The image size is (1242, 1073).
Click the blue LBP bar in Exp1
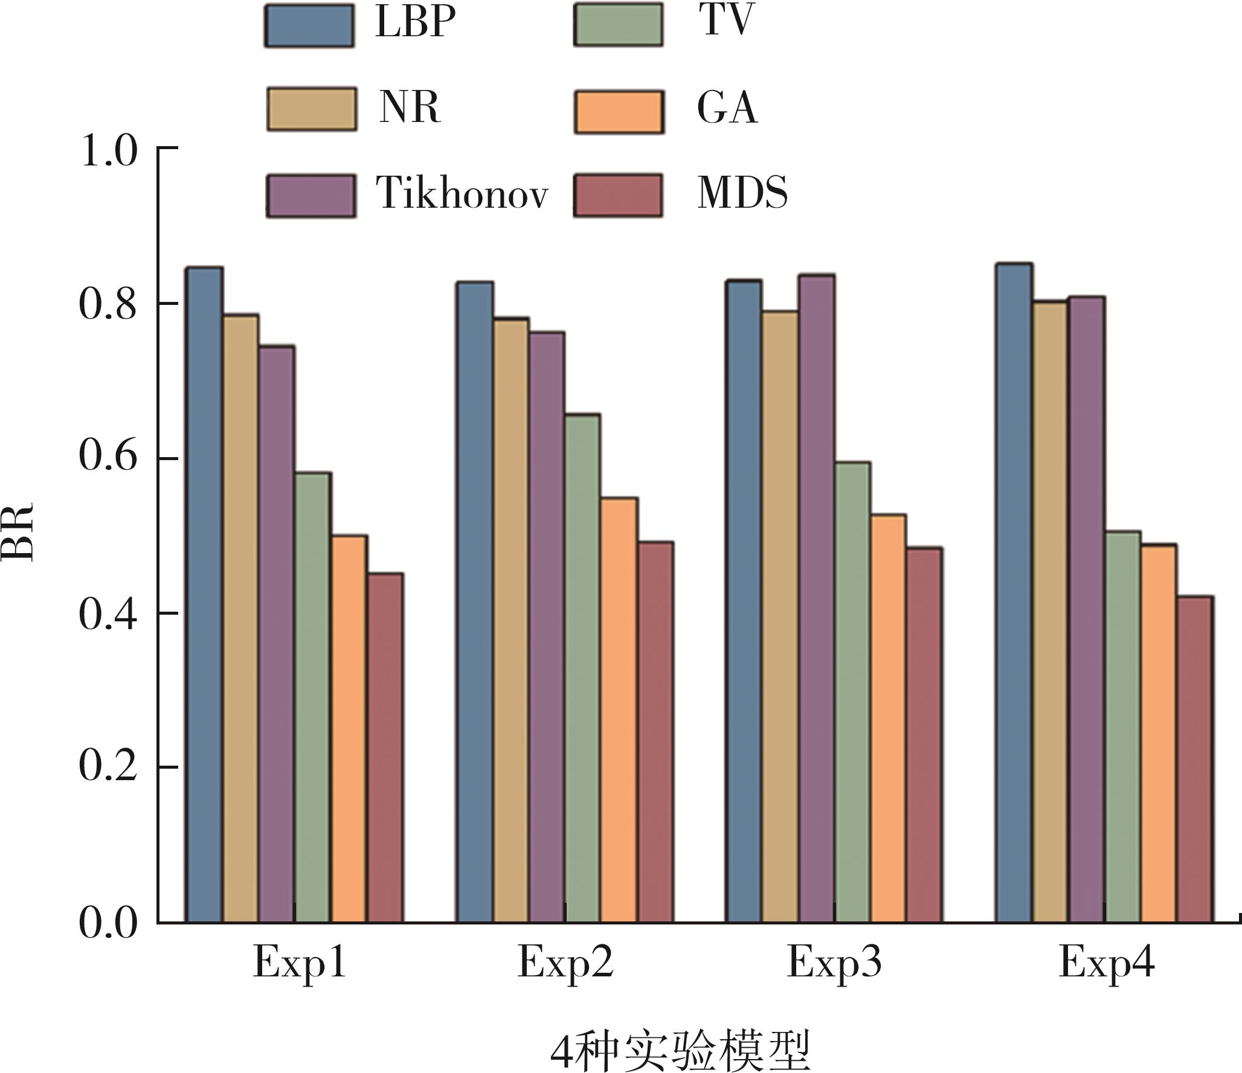click(204, 595)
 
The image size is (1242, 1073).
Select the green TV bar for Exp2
click(582, 668)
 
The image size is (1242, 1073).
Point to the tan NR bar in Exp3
click(780, 617)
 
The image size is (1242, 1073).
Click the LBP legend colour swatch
click(309, 25)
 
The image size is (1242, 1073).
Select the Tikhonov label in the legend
click(462, 194)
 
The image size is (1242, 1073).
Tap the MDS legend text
click(742, 194)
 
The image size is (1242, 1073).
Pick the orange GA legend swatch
click(619, 112)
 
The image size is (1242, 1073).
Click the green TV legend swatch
click(618, 25)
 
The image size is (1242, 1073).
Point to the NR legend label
click(410, 108)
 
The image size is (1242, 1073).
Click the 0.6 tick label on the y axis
click(108, 456)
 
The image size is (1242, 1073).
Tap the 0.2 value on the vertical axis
click(108, 767)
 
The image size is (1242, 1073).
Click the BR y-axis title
click(18, 532)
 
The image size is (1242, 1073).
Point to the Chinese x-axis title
click(680, 1049)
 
